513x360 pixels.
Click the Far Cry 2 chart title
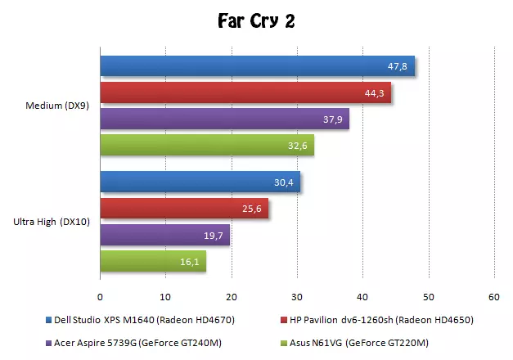click(x=256, y=20)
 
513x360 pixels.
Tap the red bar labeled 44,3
click(x=245, y=93)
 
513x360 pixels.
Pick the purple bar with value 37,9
click(x=224, y=119)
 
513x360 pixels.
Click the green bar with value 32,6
click(x=206, y=146)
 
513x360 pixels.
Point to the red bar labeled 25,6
click(x=184, y=209)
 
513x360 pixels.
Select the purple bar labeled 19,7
click(x=164, y=236)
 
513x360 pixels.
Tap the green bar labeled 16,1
click(x=153, y=262)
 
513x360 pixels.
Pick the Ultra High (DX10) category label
click(x=52, y=222)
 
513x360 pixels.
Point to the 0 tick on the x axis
click(x=100, y=297)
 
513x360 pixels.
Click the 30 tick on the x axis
click(x=297, y=297)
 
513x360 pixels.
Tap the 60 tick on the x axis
click(x=493, y=297)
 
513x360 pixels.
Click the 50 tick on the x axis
click(x=428, y=297)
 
